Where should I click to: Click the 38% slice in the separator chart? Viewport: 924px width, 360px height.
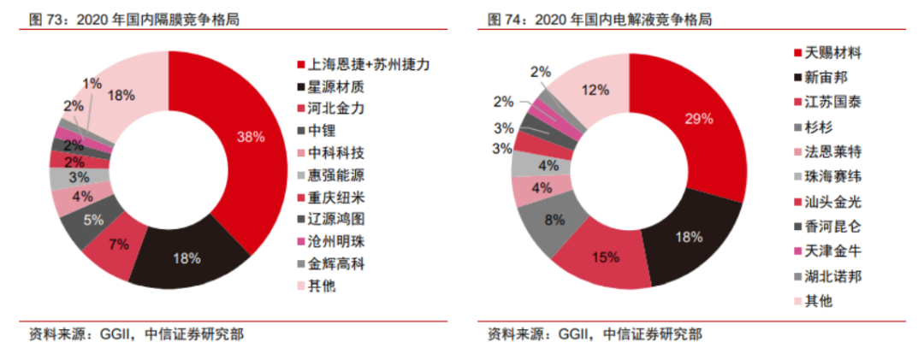(248, 137)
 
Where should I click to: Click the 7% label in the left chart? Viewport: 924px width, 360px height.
(119, 245)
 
